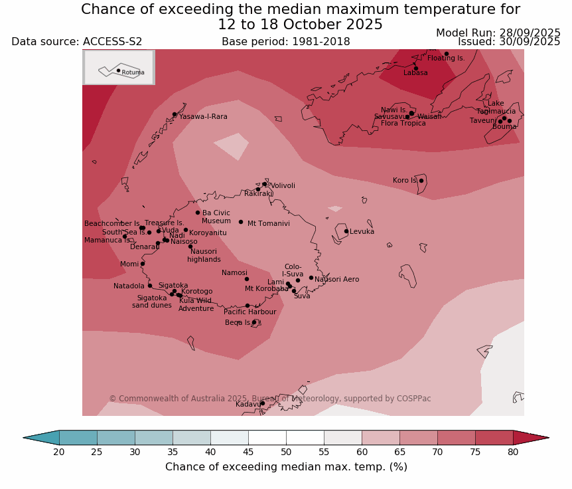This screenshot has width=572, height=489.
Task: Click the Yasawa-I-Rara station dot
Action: pos(175,114)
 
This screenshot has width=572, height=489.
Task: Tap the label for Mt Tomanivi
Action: pos(268,224)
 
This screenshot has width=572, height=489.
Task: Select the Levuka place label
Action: pos(362,232)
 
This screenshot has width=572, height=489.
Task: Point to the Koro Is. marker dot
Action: pos(421,181)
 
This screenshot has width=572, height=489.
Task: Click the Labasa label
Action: pos(415,73)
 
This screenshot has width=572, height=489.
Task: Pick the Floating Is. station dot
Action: pos(446,54)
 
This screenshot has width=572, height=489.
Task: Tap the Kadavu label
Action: pos(248,404)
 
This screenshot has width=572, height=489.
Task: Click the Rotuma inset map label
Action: pos(133,72)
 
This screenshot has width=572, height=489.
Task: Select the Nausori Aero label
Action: pos(336,280)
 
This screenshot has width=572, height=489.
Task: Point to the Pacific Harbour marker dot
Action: pos(247,306)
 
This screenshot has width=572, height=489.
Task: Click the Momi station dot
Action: pos(142,264)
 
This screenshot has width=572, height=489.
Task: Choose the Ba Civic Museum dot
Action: pos(197,213)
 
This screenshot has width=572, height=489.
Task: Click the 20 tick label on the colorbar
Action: pos(59,452)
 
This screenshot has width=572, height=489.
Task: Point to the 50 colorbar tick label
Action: pos(286,452)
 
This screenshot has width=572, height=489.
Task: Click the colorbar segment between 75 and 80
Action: pos(494,437)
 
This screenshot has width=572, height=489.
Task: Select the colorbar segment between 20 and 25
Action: pos(78,437)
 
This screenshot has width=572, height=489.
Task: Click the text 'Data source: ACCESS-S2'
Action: pos(76,42)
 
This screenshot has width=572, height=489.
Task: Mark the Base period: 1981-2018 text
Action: pos(285,42)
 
